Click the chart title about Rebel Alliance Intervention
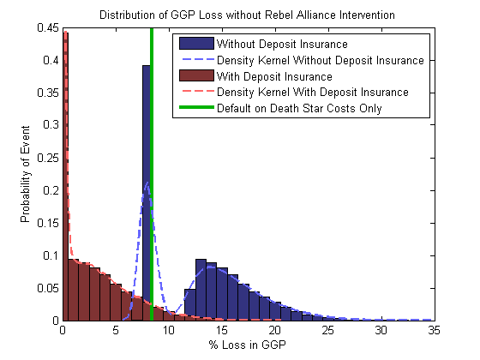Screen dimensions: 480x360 (247, 15)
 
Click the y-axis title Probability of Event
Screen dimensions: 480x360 (25, 174)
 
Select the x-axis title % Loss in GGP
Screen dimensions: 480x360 (248, 345)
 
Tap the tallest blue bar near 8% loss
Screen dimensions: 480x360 (147, 193)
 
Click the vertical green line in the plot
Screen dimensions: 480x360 (152, 174)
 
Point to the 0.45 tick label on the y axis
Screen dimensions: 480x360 (48, 27)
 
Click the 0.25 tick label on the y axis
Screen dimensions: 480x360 (48, 158)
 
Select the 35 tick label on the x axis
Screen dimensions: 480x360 (434, 330)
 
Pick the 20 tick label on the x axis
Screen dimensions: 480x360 (275, 330)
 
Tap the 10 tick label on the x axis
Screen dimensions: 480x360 (169, 330)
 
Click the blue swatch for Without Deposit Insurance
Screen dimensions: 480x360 (196, 44)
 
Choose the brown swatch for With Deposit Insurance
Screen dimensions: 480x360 (196, 75)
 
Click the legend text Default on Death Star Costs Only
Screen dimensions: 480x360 (299, 108)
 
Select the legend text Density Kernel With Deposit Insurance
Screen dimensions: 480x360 (313, 93)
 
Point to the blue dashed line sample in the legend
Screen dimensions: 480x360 (196, 59)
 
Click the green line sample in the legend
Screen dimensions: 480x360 (196, 107)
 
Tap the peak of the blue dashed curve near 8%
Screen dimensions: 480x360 (147, 183)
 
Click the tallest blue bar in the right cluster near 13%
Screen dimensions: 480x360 (201, 290)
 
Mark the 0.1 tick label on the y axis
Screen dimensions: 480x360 (51, 255)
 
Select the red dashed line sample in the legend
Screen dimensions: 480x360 (196, 91)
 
